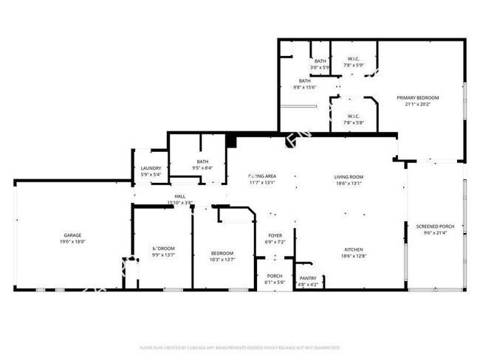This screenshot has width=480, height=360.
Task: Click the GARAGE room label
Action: point(72,235)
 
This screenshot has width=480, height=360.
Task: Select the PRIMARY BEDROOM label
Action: point(417,97)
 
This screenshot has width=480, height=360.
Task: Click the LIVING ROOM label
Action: point(349,176)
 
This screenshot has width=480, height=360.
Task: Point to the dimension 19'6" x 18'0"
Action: point(72,241)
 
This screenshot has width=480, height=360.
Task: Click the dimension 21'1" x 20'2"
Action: point(417,104)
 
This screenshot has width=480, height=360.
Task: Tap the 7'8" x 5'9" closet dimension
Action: point(354,66)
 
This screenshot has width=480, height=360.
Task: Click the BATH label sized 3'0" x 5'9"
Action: point(320,60)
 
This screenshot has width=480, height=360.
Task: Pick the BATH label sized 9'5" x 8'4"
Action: point(202,162)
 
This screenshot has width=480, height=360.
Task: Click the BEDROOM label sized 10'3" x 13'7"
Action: point(222,253)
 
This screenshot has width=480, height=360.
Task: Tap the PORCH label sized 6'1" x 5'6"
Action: point(274,277)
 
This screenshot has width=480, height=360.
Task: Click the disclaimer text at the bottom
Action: point(239,347)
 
